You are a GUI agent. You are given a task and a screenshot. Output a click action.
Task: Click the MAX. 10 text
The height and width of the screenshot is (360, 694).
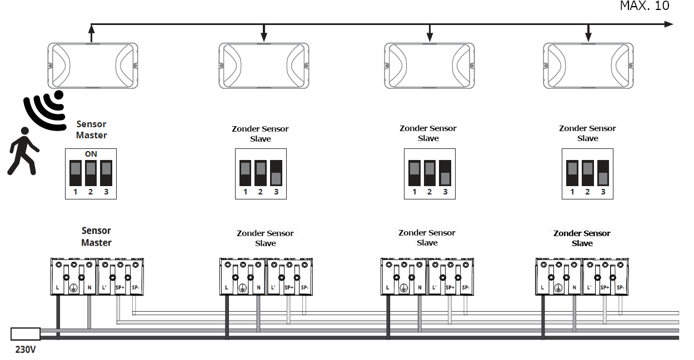(x=645, y=6)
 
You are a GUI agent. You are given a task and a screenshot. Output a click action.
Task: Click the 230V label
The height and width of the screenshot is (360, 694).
(x=26, y=351)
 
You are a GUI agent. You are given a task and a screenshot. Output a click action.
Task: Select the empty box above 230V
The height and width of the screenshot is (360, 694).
(x=26, y=333)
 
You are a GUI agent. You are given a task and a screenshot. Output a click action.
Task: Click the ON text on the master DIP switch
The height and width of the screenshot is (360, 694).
(x=91, y=154)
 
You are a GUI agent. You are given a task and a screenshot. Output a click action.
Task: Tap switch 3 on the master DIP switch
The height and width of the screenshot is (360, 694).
(x=106, y=173)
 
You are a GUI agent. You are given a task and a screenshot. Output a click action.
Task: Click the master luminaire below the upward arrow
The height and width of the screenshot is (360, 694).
(x=92, y=66)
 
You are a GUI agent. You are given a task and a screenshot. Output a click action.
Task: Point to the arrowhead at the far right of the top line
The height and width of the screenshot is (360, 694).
(x=668, y=24)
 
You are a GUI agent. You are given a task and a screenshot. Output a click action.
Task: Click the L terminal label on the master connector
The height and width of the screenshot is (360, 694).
(x=58, y=288)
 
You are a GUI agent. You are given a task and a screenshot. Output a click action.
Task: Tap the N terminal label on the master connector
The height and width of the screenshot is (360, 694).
(x=89, y=288)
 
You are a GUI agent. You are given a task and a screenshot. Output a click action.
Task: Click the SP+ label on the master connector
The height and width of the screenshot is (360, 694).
(x=119, y=288)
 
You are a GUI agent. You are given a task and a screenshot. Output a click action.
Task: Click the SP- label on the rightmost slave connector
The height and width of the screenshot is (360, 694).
(x=620, y=288)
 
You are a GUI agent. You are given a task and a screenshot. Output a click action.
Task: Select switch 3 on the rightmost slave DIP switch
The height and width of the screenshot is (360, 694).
(x=603, y=173)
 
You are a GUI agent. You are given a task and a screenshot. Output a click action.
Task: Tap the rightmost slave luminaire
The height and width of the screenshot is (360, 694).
(x=588, y=66)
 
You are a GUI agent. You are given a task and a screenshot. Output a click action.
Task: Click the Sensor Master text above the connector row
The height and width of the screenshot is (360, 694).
(x=96, y=237)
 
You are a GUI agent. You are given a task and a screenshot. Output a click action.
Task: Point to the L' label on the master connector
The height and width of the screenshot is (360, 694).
(x=104, y=288)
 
